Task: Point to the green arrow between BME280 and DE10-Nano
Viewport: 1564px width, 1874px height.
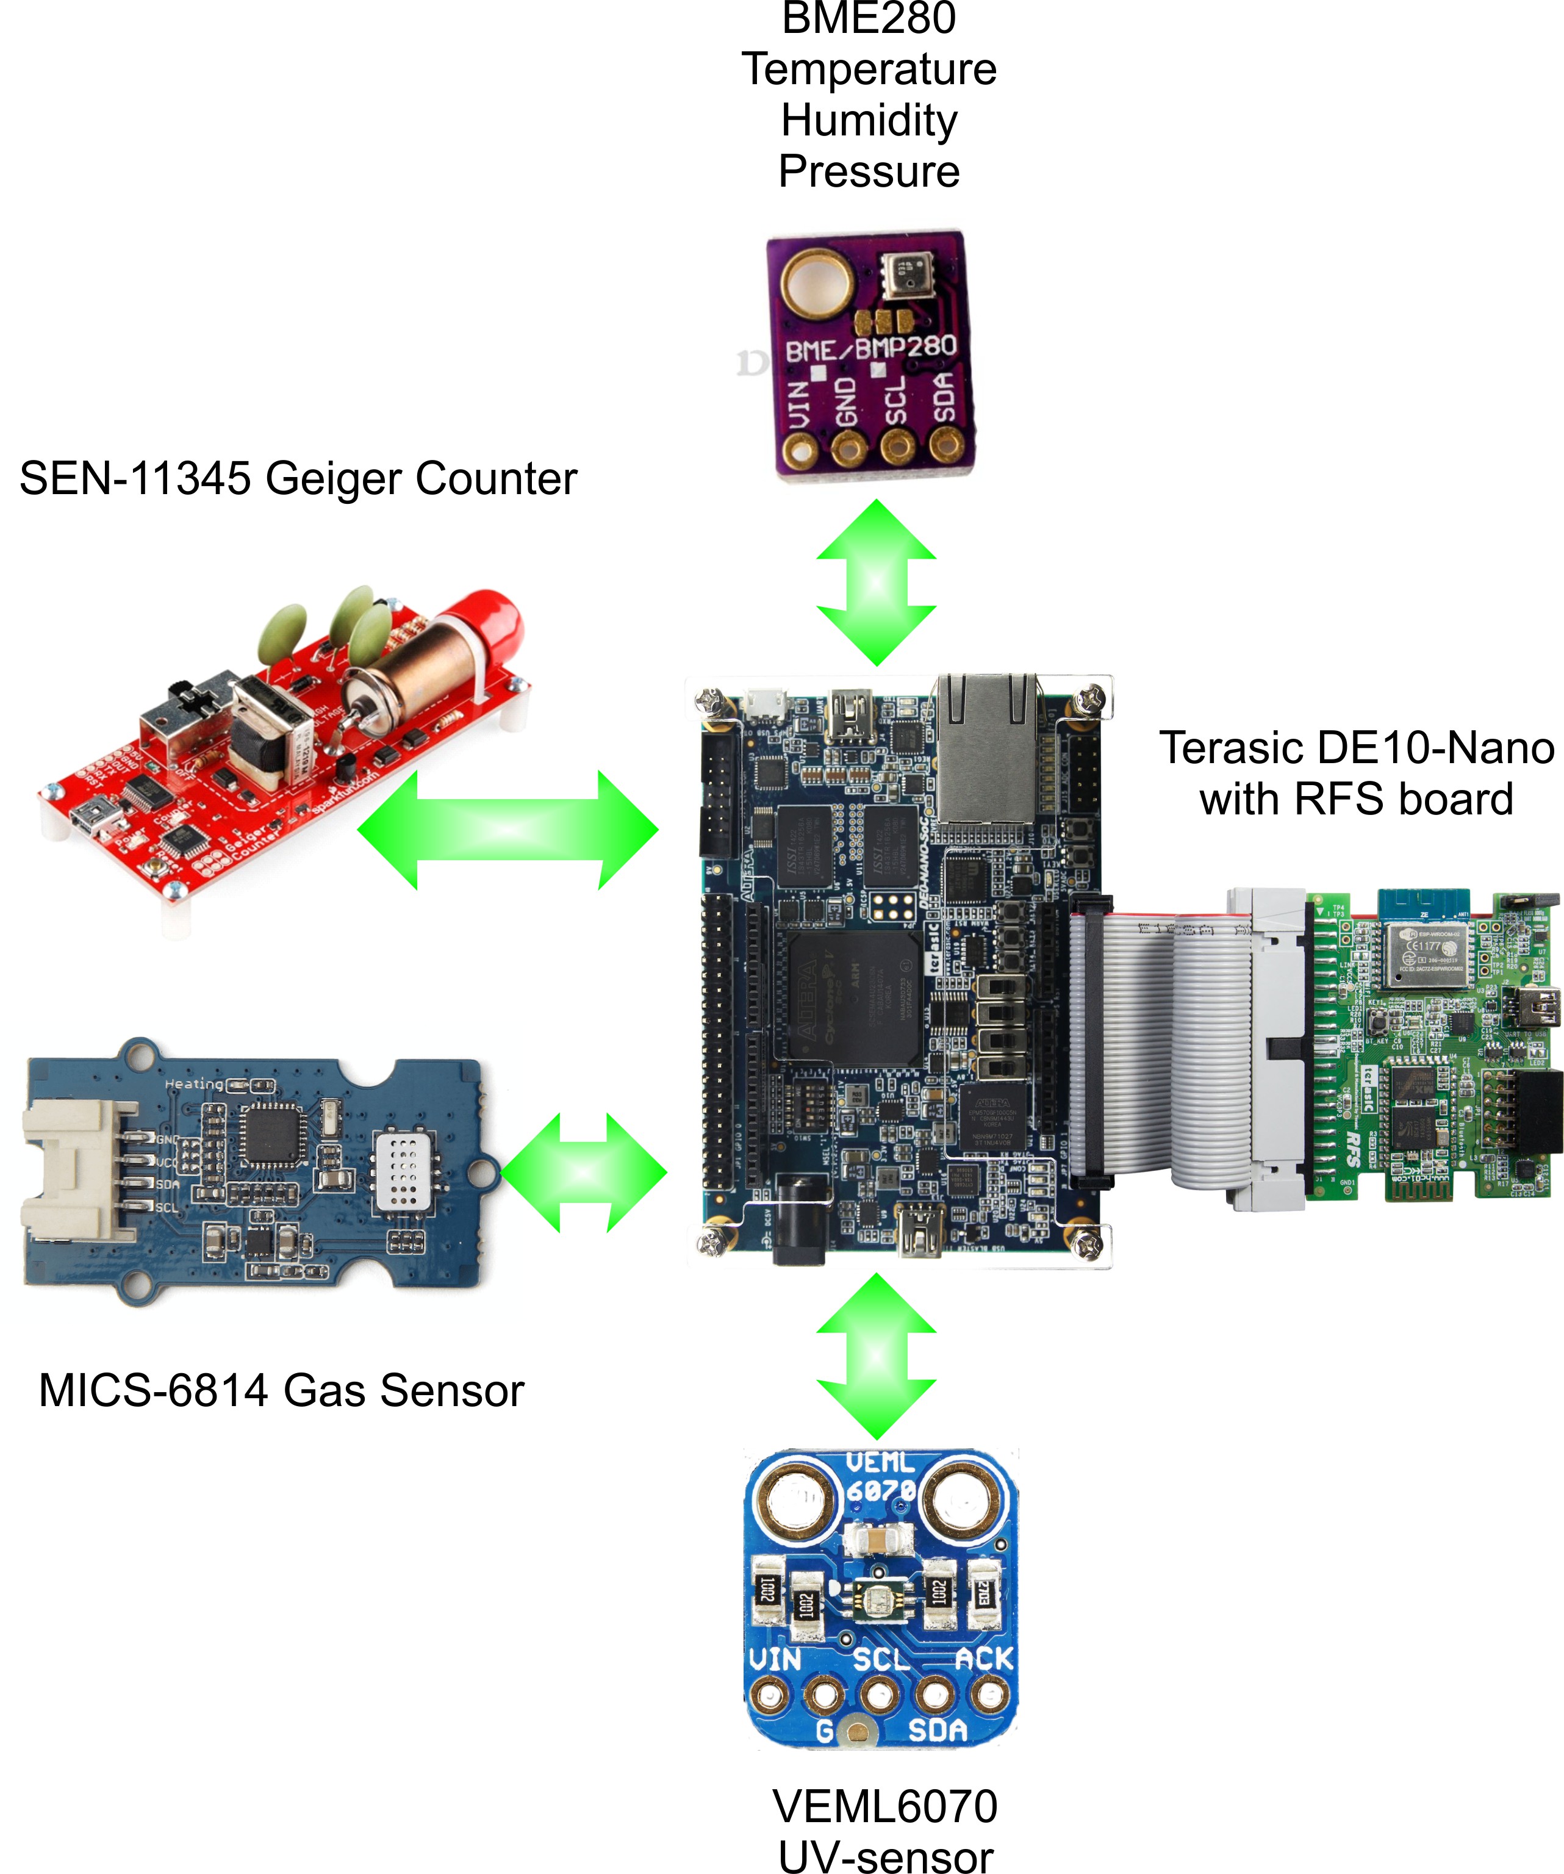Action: click(876, 583)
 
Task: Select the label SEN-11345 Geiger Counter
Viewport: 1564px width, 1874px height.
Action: click(298, 478)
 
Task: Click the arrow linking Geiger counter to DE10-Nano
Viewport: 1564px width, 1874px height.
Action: click(508, 830)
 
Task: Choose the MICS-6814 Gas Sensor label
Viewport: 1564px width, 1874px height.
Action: click(281, 1390)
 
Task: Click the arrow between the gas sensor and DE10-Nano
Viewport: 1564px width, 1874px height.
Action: click(584, 1172)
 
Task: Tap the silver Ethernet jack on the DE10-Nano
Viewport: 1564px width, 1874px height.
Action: click(986, 748)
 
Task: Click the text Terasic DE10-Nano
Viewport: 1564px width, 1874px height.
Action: click(1355, 748)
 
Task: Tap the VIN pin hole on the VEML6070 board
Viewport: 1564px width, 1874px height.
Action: click(769, 1693)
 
